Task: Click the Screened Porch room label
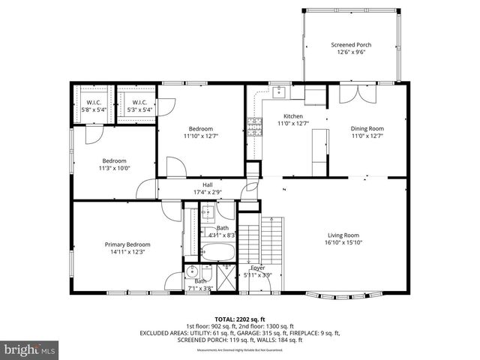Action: tap(351, 45)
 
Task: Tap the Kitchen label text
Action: tap(292, 116)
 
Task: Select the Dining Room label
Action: tap(367, 128)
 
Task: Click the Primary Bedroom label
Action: tap(127, 244)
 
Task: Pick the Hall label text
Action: tap(207, 184)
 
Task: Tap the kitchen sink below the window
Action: tap(277, 92)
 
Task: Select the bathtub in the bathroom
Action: tap(218, 251)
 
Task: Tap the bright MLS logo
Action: tap(30, 349)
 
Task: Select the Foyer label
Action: tap(257, 267)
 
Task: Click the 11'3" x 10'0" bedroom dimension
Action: tap(114, 169)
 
